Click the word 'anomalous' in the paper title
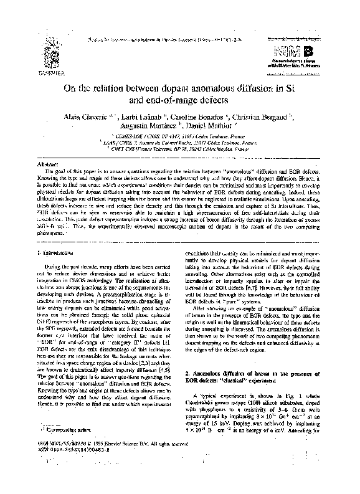(192, 85)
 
